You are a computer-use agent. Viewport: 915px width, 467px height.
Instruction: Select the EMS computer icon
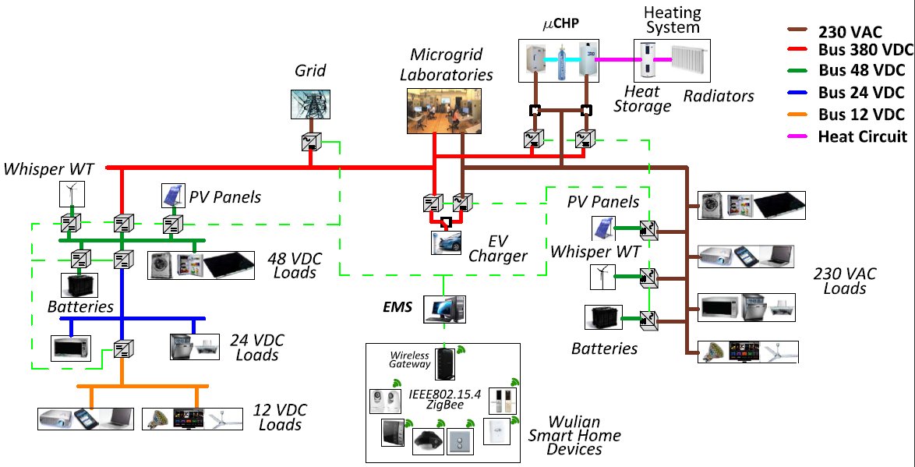[443, 310]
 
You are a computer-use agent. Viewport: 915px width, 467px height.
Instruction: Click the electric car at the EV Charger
[446, 242]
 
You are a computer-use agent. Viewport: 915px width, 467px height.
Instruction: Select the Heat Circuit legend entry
[853, 136]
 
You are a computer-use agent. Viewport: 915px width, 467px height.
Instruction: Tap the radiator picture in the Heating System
[687, 62]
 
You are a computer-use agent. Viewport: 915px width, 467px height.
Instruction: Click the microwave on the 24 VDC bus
[71, 348]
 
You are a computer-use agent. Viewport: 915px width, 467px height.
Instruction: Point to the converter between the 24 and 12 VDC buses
[122, 348]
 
